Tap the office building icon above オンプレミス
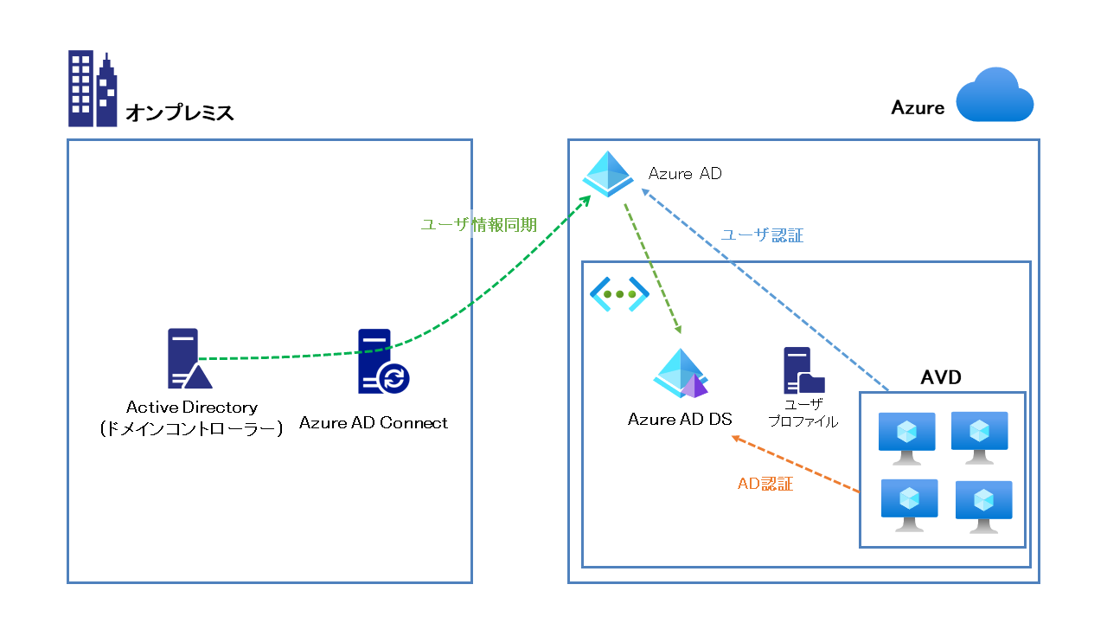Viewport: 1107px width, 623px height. click(93, 89)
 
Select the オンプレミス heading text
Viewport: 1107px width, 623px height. click(180, 112)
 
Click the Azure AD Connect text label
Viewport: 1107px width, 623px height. click(374, 423)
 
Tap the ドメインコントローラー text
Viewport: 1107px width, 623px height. click(191, 428)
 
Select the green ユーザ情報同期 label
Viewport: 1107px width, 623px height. click(478, 225)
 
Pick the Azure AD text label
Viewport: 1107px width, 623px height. click(685, 174)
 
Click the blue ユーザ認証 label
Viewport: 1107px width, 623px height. click(763, 235)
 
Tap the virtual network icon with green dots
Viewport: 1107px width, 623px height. click(619, 294)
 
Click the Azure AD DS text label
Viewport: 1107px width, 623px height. click(680, 420)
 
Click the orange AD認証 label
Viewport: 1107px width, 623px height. click(765, 485)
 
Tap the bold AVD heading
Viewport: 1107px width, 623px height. click(941, 378)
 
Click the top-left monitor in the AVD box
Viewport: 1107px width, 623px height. click(906, 432)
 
